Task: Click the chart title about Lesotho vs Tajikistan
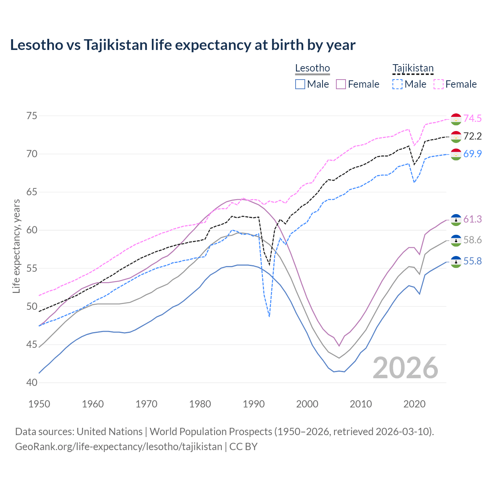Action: click(x=183, y=45)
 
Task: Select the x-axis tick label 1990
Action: click(x=254, y=404)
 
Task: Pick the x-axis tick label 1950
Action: click(x=39, y=404)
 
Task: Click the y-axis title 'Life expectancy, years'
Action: click(x=17, y=246)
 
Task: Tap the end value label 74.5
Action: click(x=472, y=119)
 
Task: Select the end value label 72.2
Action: click(x=472, y=136)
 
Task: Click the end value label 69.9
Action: click(x=472, y=154)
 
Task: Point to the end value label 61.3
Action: click(x=472, y=219)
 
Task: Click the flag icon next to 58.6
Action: click(x=456, y=241)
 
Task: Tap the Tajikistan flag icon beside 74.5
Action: click(x=456, y=119)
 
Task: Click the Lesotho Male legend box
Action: click(x=300, y=84)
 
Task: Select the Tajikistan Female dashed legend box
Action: click(x=439, y=84)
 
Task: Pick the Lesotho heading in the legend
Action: click(x=312, y=68)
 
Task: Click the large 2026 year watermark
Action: click(x=406, y=368)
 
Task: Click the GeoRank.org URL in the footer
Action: click(x=118, y=447)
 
